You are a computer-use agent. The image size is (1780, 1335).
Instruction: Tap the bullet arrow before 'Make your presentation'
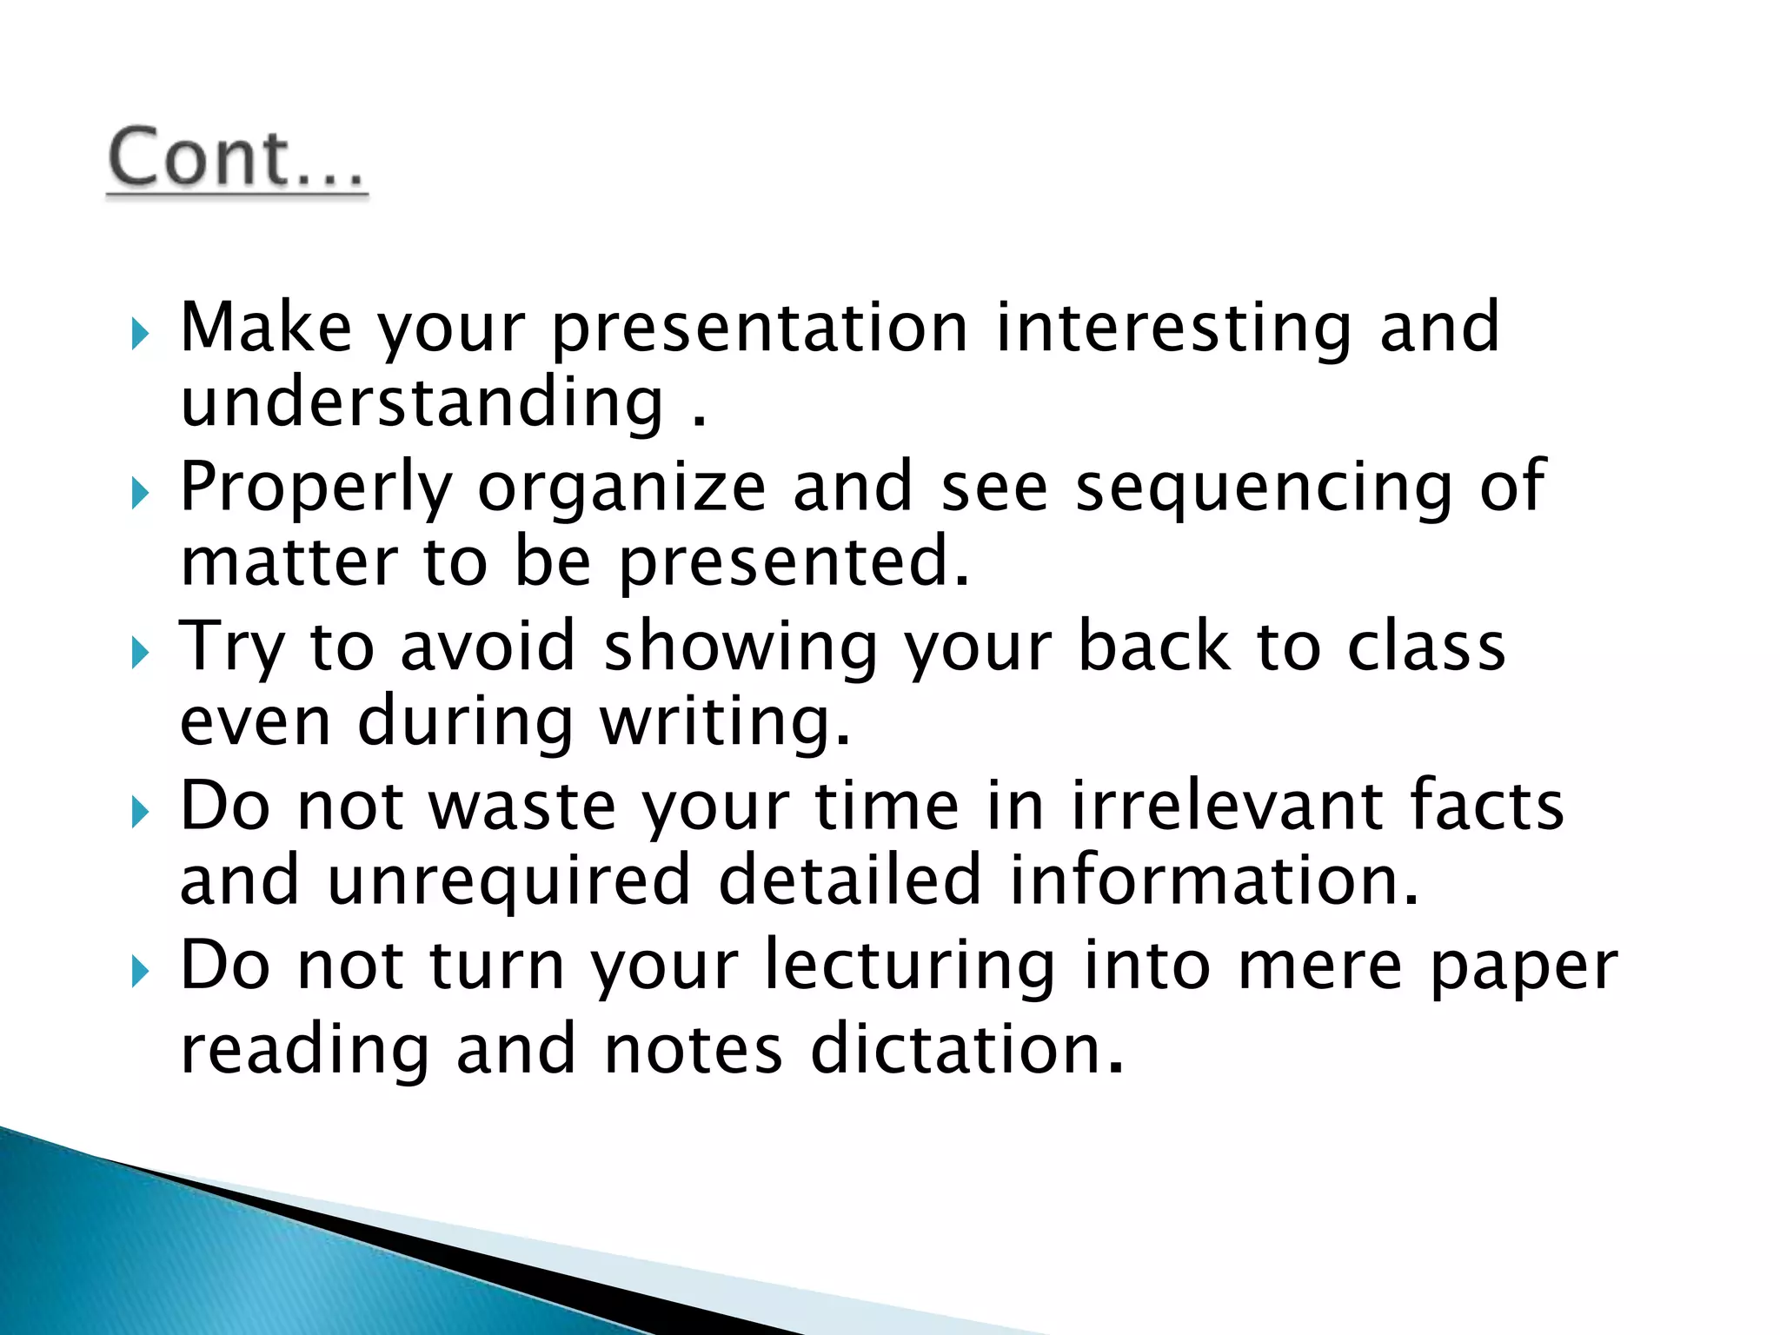tap(140, 333)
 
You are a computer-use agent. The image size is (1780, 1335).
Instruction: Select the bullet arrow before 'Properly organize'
tap(140, 494)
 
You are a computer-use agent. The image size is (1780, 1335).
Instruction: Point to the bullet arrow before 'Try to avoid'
tap(140, 654)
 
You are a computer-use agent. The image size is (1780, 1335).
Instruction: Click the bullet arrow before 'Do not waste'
tap(140, 814)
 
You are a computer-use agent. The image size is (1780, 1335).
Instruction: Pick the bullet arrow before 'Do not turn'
tap(140, 973)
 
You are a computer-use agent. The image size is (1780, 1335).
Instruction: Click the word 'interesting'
tap(1173, 329)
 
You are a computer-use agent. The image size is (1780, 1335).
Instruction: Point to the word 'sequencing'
tap(1265, 488)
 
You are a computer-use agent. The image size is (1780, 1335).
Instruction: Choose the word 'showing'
tap(741, 648)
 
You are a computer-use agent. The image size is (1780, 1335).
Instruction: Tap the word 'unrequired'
tap(509, 880)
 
